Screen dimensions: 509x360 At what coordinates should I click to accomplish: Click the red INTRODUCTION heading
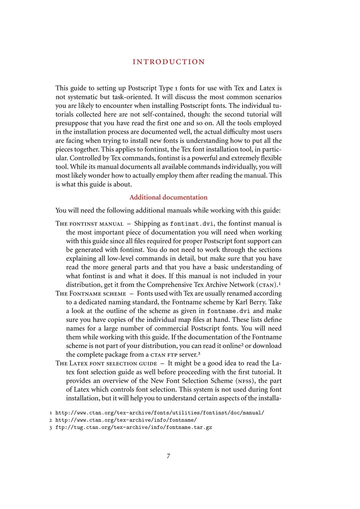click(169, 62)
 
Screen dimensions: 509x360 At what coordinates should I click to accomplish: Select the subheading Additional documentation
click(168, 197)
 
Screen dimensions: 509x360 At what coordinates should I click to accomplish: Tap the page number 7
click(168, 456)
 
